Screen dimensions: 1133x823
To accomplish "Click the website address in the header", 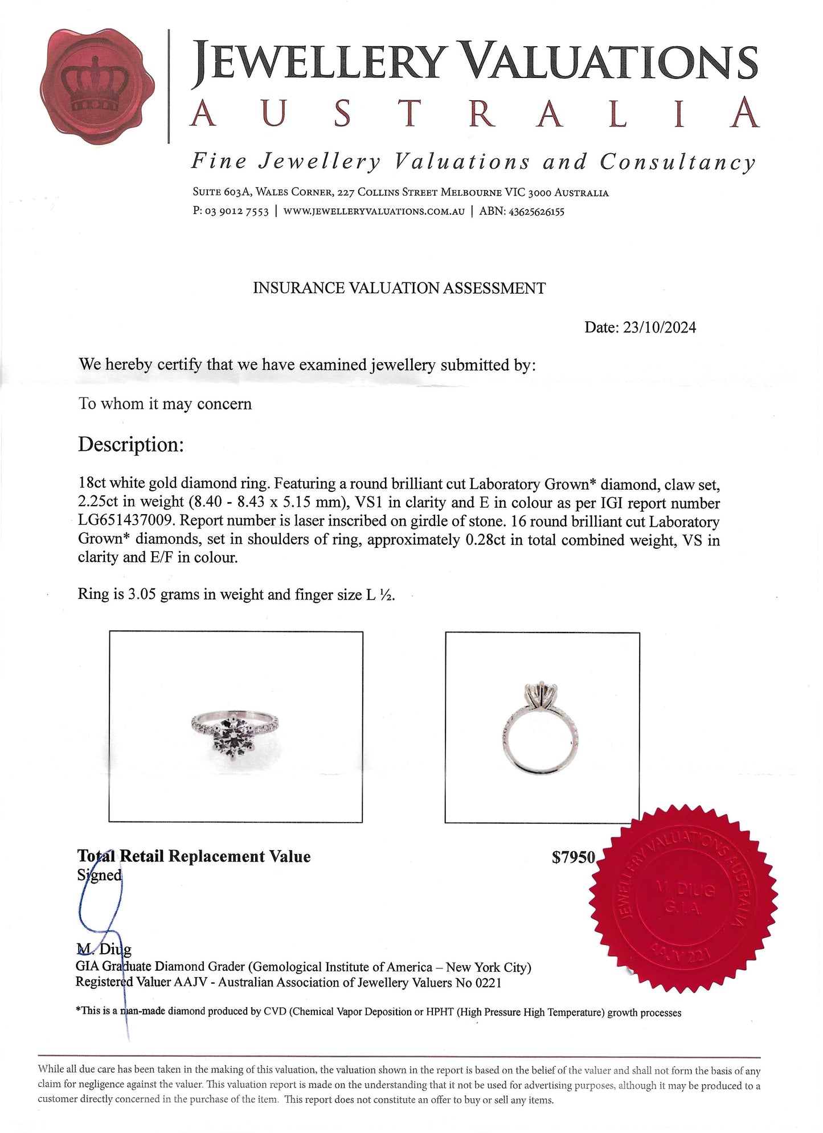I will (374, 211).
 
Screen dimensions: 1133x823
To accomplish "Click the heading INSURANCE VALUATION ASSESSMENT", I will (399, 288).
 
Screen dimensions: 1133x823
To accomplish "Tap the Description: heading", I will (131, 445).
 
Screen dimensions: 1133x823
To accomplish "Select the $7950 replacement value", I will (574, 857).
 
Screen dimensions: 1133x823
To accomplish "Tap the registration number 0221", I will (488, 982).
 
